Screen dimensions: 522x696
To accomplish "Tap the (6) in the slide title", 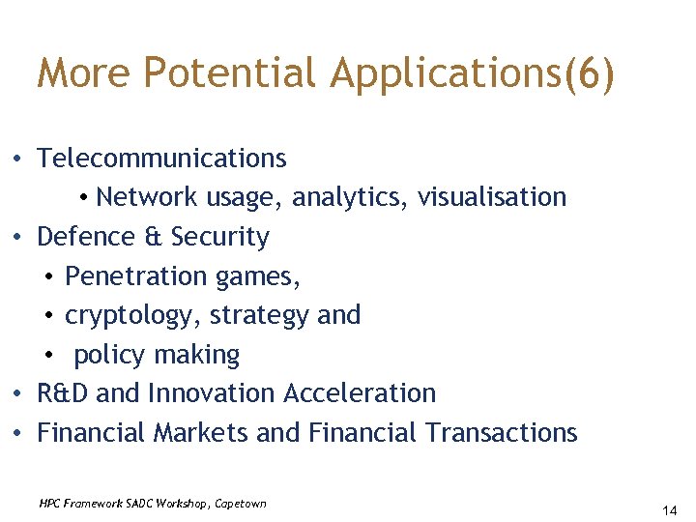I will coord(590,74).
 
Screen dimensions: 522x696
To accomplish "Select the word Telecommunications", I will coord(161,158).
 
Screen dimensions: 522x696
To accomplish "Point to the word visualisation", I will coord(492,197).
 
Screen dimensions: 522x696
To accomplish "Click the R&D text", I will coord(63,393).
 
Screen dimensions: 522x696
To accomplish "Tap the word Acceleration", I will coord(360,393).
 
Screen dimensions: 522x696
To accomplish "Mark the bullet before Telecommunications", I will coord(19,159).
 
